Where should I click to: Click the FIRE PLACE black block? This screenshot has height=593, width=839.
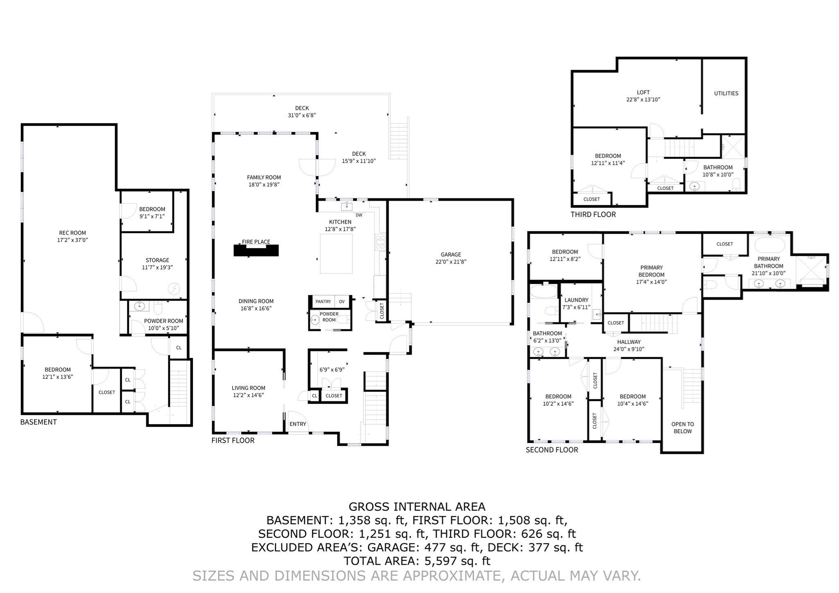tap(256, 251)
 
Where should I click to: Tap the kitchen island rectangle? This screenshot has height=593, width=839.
tap(336, 254)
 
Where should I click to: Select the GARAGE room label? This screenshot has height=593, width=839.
tap(451, 254)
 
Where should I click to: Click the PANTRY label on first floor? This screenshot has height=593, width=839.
tap(323, 301)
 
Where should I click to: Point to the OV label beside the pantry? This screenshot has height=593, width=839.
tap(342, 301)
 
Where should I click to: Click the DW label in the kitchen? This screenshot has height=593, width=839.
tap(359, 215)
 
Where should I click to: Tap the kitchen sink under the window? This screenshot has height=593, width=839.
tap(347, 206)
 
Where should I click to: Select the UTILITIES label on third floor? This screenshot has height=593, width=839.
tap(726, 93)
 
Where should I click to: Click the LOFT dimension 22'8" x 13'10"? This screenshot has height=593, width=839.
tap(643, 100)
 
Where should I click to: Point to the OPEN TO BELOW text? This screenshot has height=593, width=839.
tap(683, 428)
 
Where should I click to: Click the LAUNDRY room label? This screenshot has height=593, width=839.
tap(576, 300)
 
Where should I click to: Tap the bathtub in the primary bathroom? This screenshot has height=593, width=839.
tap(769, 245)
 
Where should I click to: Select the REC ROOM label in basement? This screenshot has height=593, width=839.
tap(73, 233)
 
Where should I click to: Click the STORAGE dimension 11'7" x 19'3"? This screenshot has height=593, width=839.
tap(157, 267)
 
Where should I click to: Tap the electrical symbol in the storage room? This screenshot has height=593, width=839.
tap(174, 289)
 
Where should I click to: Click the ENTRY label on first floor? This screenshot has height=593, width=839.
tap(297, 424)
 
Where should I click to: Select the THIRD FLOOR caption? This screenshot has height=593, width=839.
tap(593, 214)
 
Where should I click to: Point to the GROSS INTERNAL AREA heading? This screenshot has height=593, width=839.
tap(417, 507)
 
